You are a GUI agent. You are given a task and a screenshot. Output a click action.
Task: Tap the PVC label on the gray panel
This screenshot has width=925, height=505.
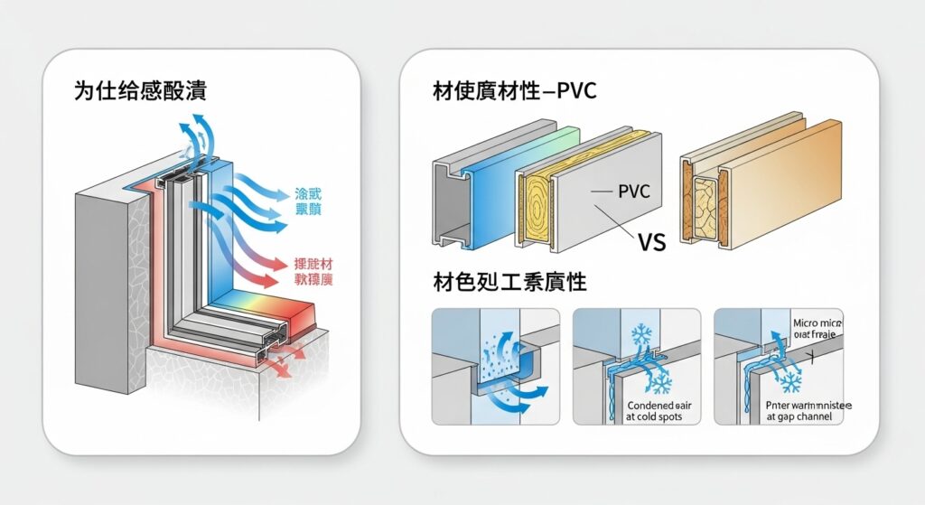pyautogui.click(x=633, y=192)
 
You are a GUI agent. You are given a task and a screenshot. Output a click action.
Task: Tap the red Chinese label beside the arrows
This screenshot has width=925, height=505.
pyautogui.click(x=313, y=272)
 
